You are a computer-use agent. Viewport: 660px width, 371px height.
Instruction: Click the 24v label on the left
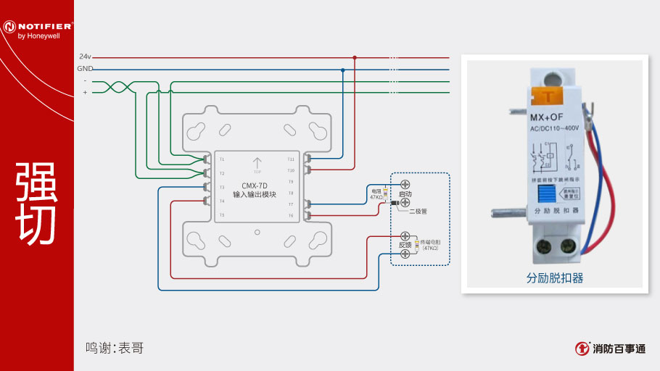click(x=86, y=56)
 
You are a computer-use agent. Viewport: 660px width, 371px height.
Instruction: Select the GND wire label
click(x=85, y=69)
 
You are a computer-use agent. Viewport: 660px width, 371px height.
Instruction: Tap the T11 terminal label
click(x=291, y=158)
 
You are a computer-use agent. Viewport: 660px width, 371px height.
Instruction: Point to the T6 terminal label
click(x=291, y=215)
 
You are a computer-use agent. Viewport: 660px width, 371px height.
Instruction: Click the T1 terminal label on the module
click(x=222, y=159)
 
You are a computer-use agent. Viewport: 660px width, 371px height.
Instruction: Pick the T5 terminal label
click(x=222, y=215)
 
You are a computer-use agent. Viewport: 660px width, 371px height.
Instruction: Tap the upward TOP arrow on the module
click(x=257, y=164)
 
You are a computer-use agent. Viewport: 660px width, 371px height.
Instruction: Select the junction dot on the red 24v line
click(x=355, y=57)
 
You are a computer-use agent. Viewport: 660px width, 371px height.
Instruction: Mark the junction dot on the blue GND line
click(x=342, y=70)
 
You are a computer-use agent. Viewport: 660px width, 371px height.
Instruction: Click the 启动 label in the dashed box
click(x=405, y=195)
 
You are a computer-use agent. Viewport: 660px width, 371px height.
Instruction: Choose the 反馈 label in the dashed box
click(x=405, y=245)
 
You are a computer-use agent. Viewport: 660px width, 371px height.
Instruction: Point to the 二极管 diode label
click(x=418, y=211)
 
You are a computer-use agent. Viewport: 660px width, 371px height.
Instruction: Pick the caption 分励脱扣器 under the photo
click(x=555, y=278)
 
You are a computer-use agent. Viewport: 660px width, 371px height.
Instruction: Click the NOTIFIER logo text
click(x=44, y=27)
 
